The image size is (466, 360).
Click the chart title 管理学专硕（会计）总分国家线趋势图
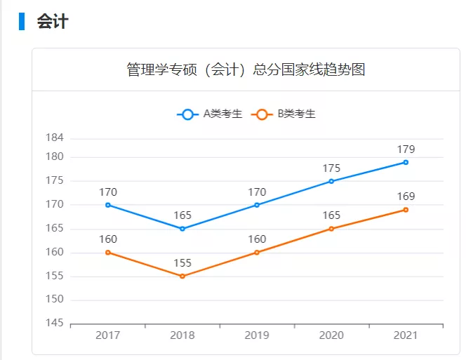click(246, 69)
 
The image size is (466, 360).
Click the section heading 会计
click(53, 22)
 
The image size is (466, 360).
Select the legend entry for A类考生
click(211, 114)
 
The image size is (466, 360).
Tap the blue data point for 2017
click(108, 205)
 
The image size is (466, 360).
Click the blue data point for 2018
click(182, 229)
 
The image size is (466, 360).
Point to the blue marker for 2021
click(406, 162)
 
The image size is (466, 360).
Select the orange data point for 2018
click(182, 276)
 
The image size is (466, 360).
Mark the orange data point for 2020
click(331, 229)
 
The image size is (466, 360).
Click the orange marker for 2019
click(257, 253)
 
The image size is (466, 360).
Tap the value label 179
click(406, 149)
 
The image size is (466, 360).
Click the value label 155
click(182, 263)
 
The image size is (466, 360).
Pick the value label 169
click(406, 196)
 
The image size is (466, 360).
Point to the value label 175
click(331, 168)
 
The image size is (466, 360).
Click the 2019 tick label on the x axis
click(257, 335)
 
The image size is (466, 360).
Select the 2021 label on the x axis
click(406, 335)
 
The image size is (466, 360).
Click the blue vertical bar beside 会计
click(22, 21)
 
